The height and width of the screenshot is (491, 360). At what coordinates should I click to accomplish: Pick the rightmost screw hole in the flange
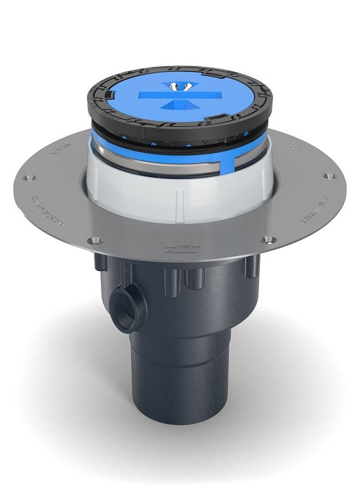tap(328, 176)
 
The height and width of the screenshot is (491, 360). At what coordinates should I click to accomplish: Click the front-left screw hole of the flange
tap(97, 240)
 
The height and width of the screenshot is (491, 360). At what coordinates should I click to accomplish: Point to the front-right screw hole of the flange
tap(267, 239)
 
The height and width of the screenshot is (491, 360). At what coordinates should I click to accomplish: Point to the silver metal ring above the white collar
tap(136, 164)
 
